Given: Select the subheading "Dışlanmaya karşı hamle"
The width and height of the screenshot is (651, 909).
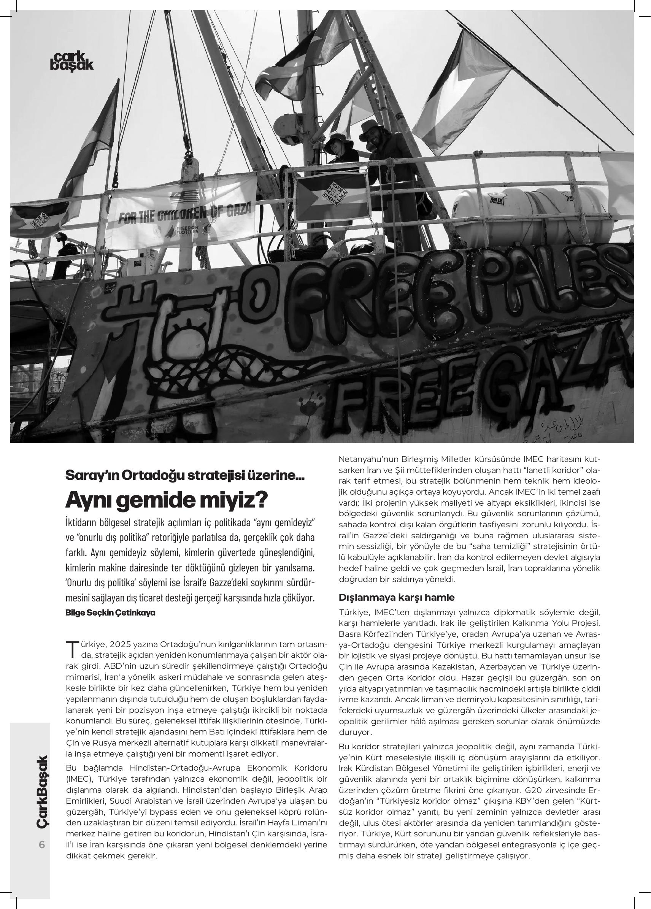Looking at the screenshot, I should coord(397,597).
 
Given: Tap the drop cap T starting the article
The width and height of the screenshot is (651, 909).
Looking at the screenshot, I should coord(72,649).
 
